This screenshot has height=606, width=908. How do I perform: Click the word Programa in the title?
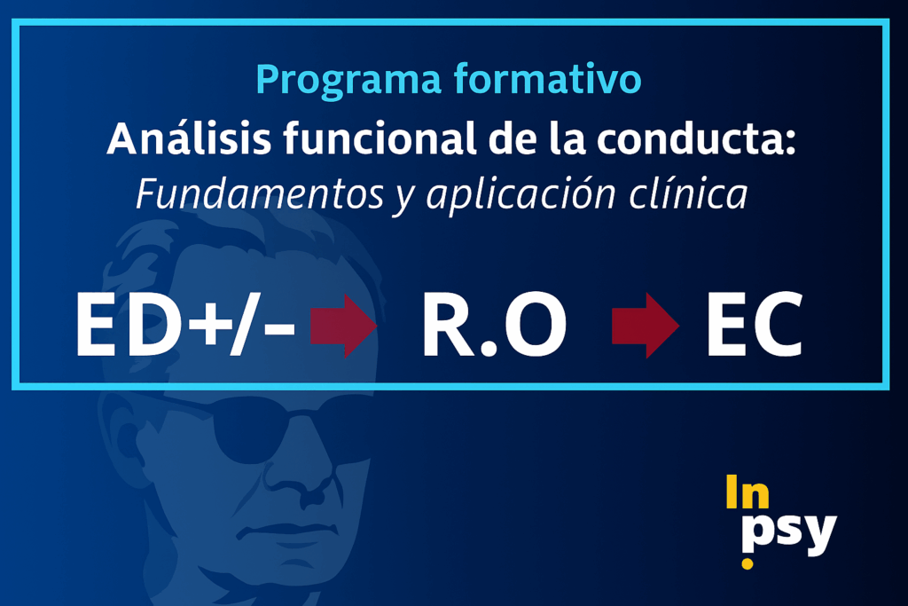click(348, 81)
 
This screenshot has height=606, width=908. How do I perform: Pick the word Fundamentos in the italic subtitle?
click(260, 193)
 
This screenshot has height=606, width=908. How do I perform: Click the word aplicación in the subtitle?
click(521, 195)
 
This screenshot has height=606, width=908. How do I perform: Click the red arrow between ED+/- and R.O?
click(343, 325)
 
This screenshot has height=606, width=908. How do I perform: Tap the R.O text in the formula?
click(493, 325)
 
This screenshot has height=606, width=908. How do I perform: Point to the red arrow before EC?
click(646, 325)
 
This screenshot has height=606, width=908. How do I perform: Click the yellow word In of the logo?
click(748, 492)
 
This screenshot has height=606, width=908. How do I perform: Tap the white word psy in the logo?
click(789, 531)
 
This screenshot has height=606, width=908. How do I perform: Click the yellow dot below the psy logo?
click(748, 563)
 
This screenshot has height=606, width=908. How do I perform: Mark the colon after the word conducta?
click(790, 143)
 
